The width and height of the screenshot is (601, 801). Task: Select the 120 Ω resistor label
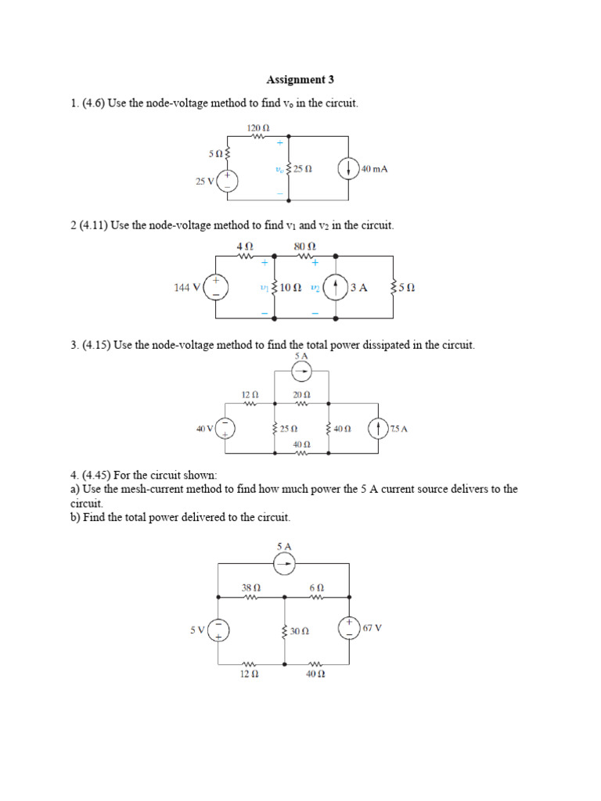click(x=258, y=127)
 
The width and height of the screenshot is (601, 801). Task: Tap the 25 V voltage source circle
click(x=227, y=181)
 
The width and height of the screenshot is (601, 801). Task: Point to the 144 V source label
click(x=188, y=288)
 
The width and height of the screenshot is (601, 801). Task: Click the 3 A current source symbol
click(x=336, y=288)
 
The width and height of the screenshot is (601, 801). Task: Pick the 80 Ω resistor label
click(x=304, y=246)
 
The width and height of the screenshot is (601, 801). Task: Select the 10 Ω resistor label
click(x=291, y=288)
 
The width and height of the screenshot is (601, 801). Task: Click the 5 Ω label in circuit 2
click(x=406, y=288)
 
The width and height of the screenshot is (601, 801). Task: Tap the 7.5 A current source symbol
click(x=379, y=429)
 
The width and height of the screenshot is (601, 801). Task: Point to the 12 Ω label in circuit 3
click(x=250, y=395)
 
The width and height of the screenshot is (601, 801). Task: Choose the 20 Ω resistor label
click(x=301, y=395)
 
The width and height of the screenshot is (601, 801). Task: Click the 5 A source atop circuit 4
click(x=284, y=562)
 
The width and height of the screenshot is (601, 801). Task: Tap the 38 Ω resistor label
click(x=250, y=587)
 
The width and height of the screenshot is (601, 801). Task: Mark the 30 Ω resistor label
click(x=299, y=630)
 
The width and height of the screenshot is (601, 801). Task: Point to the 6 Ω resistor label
click(x=316, y=587)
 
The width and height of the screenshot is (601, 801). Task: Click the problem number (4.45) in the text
click(x=98, y=475)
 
